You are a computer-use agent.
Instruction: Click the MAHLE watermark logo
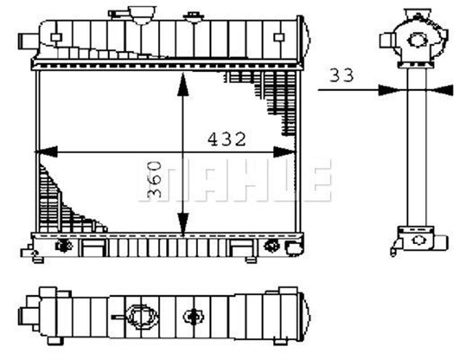tap(233, 180)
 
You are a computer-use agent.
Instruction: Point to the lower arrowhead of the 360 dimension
tap(181, 227)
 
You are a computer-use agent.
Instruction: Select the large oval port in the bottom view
tap(142, 316)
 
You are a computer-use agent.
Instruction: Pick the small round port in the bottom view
tap(193, 316)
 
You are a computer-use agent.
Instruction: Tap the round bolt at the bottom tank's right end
tap(273, 245)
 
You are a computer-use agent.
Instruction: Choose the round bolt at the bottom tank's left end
tap(63, 245)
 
